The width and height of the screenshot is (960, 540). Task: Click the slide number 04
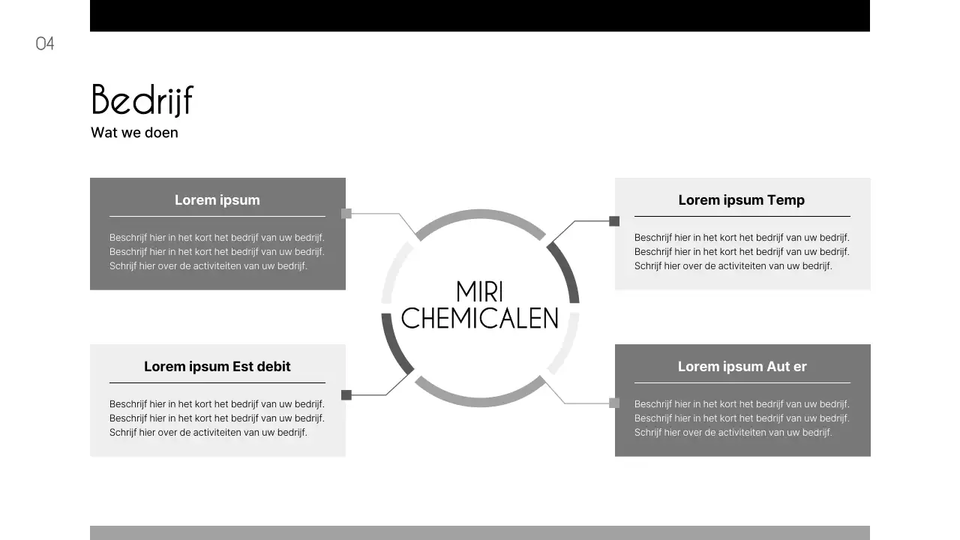click(x=45, y=43)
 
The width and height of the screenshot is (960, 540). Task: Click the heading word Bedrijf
click(x=142, y=100)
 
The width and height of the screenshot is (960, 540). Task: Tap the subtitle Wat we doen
click(x=134, y=133)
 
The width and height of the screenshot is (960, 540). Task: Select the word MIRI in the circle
click(x=479, y=292)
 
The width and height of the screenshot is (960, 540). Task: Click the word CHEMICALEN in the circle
click(x=480, y=318)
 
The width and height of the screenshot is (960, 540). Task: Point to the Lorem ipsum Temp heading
click(x=741, y=200)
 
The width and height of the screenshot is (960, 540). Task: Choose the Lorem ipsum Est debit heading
click(x=217, y=367)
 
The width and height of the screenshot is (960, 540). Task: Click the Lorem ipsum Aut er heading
click(x=742, y=367)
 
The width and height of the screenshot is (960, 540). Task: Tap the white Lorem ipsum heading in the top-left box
click(x=217, y=200)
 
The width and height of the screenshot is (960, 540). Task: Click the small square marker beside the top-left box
click(x=346, y=214)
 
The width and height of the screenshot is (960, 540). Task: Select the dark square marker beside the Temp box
click(x=614, y=221)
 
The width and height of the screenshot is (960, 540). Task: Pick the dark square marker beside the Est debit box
click(x=346, y=395)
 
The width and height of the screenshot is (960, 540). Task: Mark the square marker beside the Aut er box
click(x=614, y=403)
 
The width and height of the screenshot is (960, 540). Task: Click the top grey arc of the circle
click(x=480, y=214)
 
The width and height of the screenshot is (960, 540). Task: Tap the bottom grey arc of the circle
click(x=480, y=403)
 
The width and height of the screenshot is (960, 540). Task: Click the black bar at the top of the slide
click(x=480, y=16)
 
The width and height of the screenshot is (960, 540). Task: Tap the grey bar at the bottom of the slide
click(x=480, y=532)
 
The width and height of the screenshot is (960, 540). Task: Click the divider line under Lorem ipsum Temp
click(x=742, y=217)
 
